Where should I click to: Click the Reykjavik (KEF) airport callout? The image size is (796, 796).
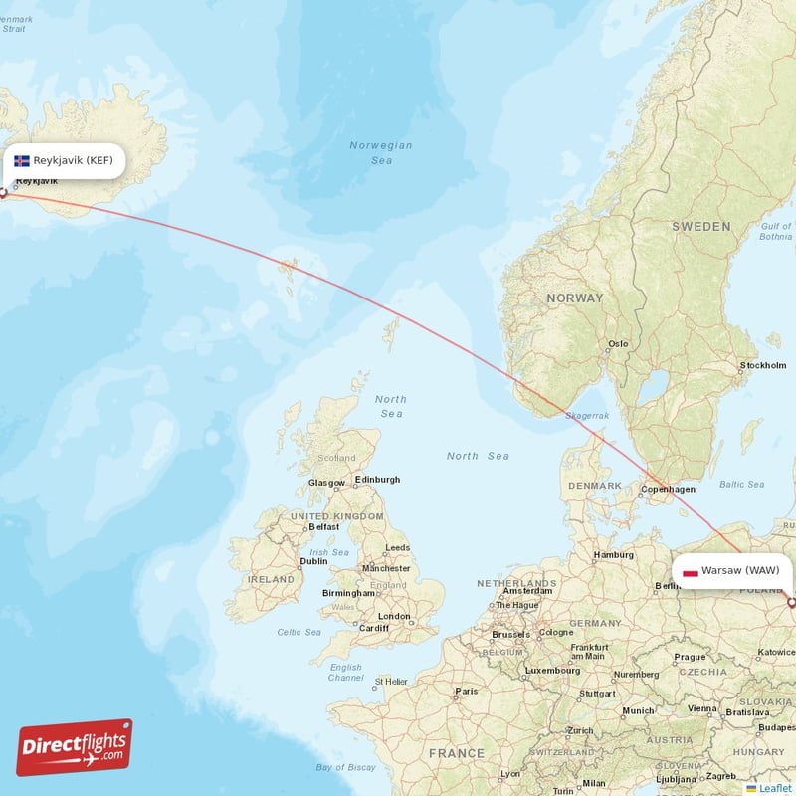pyautogui.click(x=66, y=160)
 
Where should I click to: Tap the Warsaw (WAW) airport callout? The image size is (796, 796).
pyautogui.click(x=733, y=571)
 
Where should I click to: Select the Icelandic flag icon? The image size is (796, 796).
pyautogui.click(x=22, y=160)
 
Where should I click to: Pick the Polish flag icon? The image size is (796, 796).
pyautogui.click(x=690, y=571)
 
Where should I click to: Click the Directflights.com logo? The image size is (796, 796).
pyautogui.click(x=74, y=747)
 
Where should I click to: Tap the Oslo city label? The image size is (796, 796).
pyautogui.click(x=619, y=344)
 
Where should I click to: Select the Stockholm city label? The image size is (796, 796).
pyautogui.click(x=763, y=366)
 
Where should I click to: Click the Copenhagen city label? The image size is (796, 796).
pyautogui.click(x=669, y=489)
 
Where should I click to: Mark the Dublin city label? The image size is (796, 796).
pyautogui.click(x=313, y=561)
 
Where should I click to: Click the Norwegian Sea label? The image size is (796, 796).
pyautogui.click(x=381, y=152)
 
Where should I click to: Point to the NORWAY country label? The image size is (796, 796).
pyautogui.click(x=574, y=298)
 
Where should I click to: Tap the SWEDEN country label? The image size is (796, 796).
pyautogui.click(x=700, y=227)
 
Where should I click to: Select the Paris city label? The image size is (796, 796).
pyautogui.click(x=466, y=691)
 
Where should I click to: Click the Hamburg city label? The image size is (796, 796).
pyautogui.click(x=614, y=555)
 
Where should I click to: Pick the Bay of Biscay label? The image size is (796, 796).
pyautogui.click(x=345, y=767)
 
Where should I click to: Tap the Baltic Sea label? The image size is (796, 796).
pyautogui.click(x=741, y=485)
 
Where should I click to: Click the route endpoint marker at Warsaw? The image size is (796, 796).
pyautogui.click(x=791, y=602)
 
